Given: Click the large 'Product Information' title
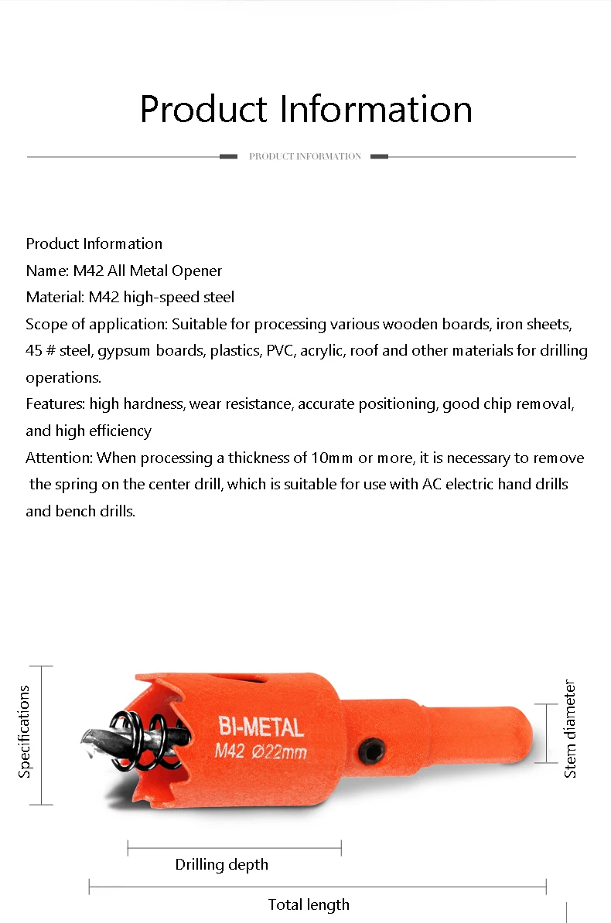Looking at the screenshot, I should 305,109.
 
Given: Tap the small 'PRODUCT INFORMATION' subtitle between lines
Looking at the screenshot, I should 305,156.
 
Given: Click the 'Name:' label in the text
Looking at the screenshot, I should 47,271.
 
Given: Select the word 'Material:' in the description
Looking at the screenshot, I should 55,297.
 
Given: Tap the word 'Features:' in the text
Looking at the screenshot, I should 55,404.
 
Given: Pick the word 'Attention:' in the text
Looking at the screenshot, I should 59,458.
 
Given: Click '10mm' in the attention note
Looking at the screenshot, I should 331,458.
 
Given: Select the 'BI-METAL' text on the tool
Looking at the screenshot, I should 261,727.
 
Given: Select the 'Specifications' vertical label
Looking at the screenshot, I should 24,731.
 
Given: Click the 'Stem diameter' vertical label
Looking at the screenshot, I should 571,728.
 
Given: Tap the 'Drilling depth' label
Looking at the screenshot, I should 221,864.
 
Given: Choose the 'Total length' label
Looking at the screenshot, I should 309,904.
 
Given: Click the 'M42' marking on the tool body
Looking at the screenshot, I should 230,751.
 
